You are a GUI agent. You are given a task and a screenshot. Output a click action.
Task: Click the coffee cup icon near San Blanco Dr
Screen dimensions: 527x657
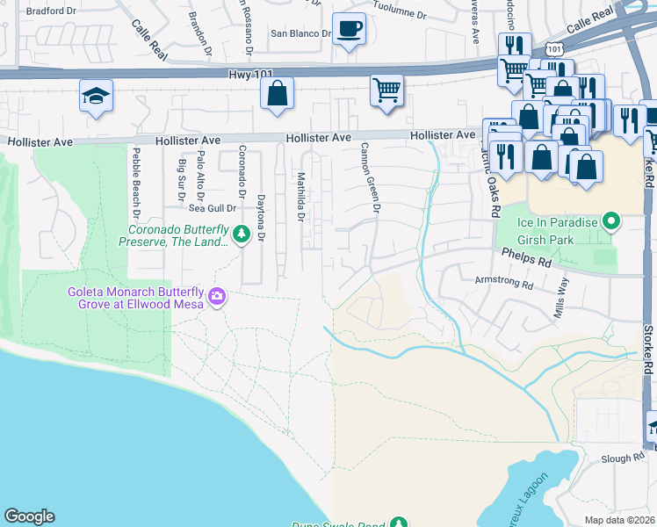tap(349, 29)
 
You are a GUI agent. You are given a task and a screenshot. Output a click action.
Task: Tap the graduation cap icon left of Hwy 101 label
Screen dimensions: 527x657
tap(96, 95)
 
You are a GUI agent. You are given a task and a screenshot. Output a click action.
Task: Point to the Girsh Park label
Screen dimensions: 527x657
tap(548, 240)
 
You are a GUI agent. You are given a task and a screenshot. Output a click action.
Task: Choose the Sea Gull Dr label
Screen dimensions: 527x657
tap(213, 208)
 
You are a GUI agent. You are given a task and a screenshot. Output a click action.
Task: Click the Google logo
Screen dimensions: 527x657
tap(29, 516)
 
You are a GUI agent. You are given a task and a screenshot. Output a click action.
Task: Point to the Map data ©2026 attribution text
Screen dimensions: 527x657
tap(619, 520)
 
